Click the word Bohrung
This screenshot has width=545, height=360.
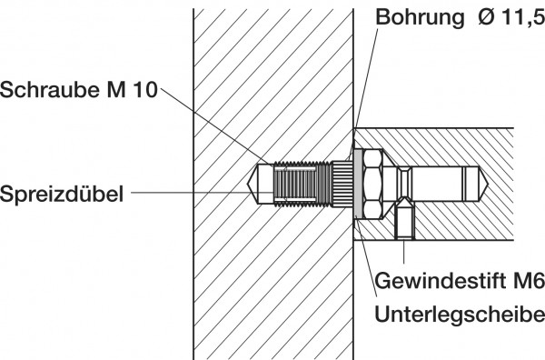point(413,17)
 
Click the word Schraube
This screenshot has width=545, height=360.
point(45,90)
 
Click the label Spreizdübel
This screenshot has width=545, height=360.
point(62,193)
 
